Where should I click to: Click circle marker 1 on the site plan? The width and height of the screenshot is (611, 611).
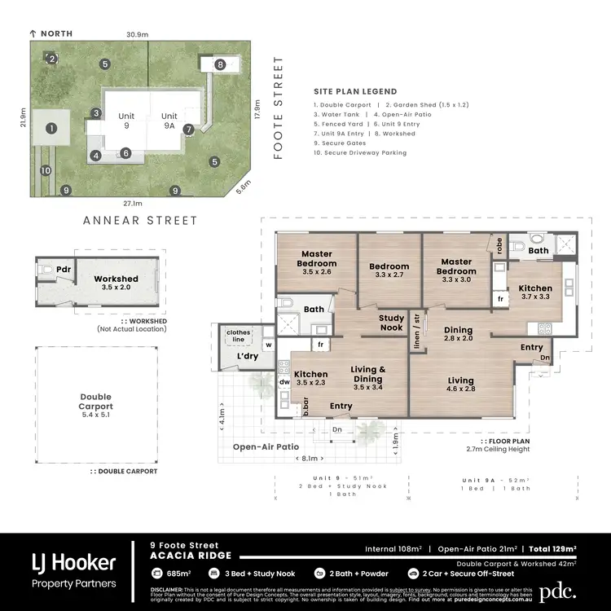click(x=51, y=128)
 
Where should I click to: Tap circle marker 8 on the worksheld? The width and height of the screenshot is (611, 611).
click(x=219, y=64)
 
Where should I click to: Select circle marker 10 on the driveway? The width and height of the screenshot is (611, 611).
click(x=46, y=170)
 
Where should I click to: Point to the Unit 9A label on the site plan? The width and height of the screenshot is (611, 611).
click(x=169, y=121)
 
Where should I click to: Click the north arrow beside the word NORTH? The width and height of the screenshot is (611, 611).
click(x=33, y=33)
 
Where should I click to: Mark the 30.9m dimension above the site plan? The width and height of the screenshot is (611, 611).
click(x=137, y=35)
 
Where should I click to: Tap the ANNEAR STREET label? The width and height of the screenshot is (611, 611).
click(x=140, y=220)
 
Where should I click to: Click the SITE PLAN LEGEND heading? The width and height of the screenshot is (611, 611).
click(x=355, y=91)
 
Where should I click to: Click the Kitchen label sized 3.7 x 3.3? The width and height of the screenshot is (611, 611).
click(x=535, y=292)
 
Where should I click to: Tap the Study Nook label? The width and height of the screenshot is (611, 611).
click(x=392, y=323)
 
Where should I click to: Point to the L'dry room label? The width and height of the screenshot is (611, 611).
click(x=247, y=357)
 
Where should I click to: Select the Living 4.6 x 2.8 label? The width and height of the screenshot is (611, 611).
click(x=461, y=385)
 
